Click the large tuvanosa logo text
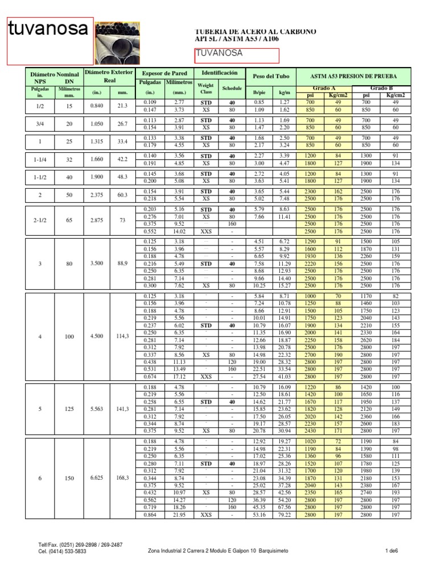tap(48, 30)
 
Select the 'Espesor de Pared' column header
tap(164, 74)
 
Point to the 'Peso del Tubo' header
tap(271, 76)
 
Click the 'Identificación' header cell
tap(219, 73)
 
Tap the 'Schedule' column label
tap(232, 89)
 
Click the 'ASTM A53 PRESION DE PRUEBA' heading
tap(353, 76)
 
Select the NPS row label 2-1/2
tap(40, 221)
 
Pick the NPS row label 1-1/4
tap(40, 159)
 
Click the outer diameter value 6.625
tap(97, 478)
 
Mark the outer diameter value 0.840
tap(97, 106)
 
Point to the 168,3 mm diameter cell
tap(123, 478)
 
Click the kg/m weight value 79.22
tap(284, 515)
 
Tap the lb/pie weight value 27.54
tap(259, 376)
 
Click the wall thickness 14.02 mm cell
tap(179, 231)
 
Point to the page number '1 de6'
tap(391, 551)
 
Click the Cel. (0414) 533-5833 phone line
tap(63, 551)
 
